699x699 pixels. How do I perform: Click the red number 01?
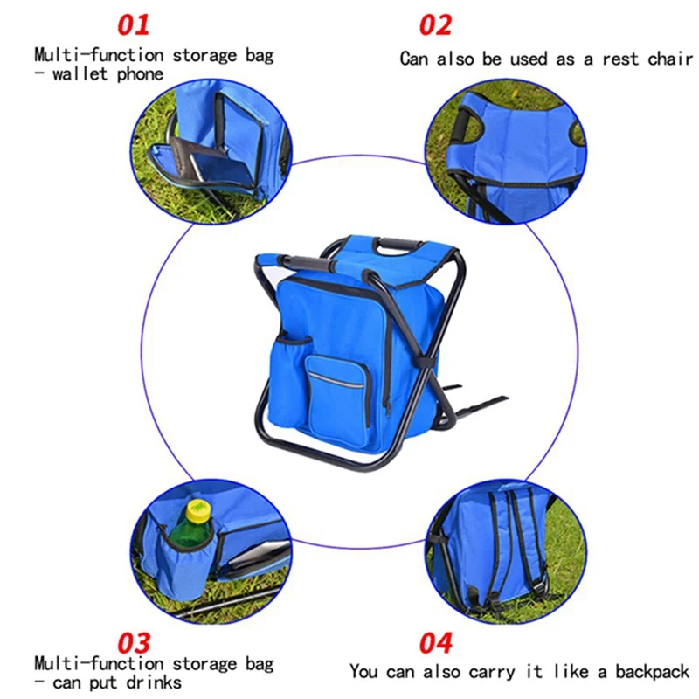(x=128, y=24)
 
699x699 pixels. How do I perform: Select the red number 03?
(x=128, y=644)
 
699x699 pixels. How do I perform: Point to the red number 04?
(x=435, y=644)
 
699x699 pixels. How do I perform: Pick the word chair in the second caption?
(x=669, y=59)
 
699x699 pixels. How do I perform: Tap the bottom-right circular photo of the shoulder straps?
(x=502, y=550)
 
